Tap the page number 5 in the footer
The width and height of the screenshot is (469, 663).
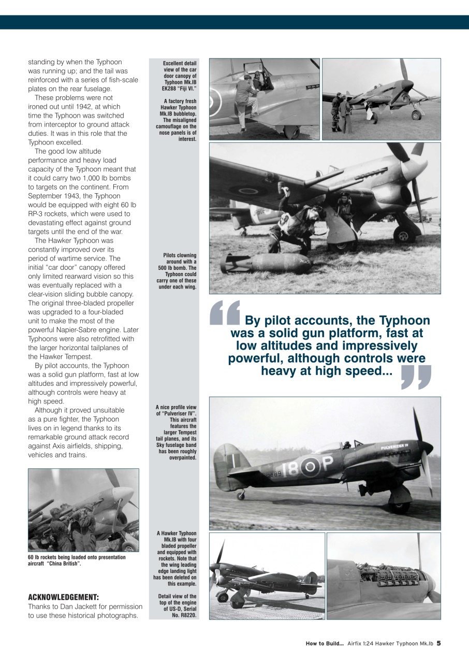coord(438,643)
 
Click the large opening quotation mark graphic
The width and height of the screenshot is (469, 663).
coord(225,313)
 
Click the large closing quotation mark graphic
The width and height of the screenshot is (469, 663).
coord(416,377)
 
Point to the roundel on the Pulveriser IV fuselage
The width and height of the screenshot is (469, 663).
coord(311,467)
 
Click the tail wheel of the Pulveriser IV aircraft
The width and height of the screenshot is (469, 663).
coord(241,496)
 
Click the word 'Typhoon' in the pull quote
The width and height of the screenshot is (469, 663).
coord(404,321)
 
